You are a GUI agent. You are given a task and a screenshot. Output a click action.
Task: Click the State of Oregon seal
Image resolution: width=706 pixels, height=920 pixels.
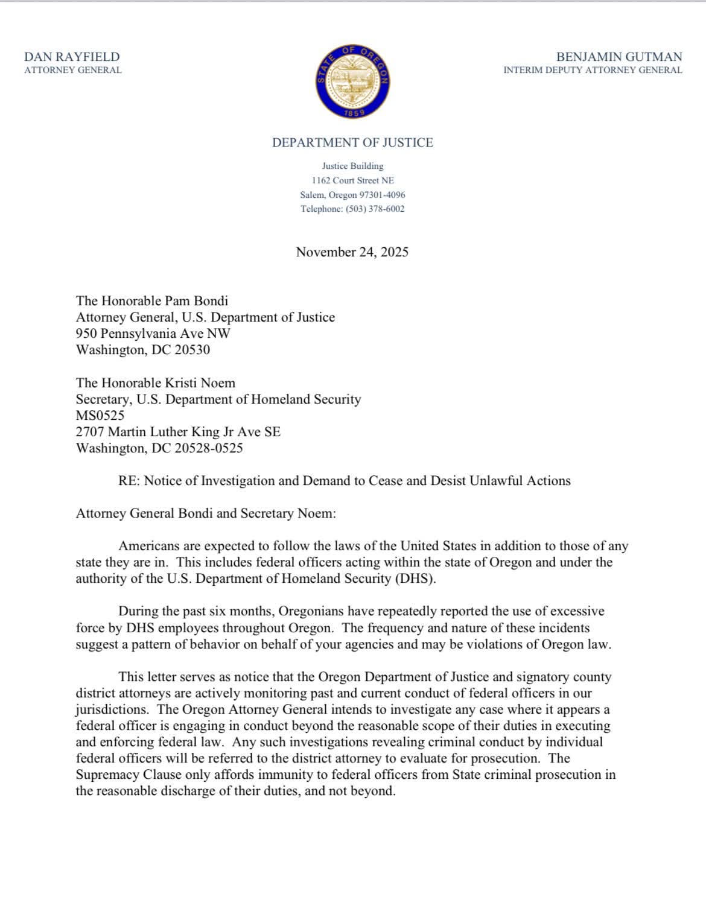tap(352, 81)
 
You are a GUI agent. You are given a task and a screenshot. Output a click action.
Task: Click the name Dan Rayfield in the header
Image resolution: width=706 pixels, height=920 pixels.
tap(72, 57)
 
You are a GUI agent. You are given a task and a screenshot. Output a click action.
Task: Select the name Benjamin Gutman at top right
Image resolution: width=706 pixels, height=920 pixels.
tap(619, 57)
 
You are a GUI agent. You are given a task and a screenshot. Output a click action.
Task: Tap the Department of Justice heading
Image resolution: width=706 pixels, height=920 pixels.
tap(352, 142)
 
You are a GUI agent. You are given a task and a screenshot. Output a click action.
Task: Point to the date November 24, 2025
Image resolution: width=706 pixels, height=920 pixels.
tap(352, 252)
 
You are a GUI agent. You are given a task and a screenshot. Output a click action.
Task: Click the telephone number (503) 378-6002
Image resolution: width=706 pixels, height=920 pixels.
tap(375, 209)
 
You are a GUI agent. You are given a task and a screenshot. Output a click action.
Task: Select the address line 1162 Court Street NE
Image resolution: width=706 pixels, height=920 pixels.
tap(352, 180)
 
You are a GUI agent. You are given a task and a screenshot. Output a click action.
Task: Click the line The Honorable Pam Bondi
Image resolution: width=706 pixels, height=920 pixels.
tap(151, 300)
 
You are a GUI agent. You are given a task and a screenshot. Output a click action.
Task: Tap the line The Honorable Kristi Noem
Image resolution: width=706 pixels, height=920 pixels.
tap(155, 382)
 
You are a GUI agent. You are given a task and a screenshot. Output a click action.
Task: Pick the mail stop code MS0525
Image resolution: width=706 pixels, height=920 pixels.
tap(100, 415)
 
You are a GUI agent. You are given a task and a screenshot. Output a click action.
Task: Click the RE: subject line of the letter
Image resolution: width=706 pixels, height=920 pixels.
tap(344, 481)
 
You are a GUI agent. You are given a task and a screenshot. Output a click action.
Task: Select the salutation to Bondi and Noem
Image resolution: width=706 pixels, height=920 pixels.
tap(205, 513)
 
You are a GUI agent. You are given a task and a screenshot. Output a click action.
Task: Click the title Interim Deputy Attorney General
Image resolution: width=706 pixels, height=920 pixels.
tap(593, 70)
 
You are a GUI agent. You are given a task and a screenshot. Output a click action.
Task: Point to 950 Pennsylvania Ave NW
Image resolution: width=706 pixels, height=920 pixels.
tap(153, 334)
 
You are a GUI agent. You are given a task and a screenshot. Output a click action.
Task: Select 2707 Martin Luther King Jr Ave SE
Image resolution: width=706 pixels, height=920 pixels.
tap(178, 432)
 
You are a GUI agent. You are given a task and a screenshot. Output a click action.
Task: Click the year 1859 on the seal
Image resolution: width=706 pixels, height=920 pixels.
tap(352, 113)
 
